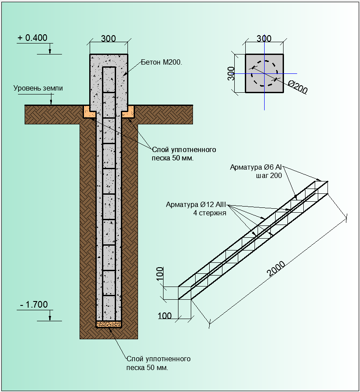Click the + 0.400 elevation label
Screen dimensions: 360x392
tap(33, 38)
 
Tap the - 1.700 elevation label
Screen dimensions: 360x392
tap(34, 305)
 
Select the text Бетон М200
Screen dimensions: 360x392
tap(161, 62)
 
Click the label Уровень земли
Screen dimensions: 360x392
tap(38, 88)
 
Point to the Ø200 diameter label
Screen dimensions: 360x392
tap(298, 87)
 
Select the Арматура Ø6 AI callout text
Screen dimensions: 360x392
tap(256, 167)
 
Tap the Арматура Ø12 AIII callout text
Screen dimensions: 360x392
tap(196, 204)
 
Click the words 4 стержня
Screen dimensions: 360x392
tap(210, 213)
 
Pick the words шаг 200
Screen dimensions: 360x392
tap(269, 175)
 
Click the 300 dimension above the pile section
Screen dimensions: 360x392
tap(108, 39)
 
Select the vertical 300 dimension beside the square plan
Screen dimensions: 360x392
tap(231, 73)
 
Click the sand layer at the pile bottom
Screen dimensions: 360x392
tap(109, 324)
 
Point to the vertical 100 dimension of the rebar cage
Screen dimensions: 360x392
tap(160, 273)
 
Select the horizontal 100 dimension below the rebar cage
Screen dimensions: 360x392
tap(165, 316)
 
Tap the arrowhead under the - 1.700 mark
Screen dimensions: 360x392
tap(50, 318)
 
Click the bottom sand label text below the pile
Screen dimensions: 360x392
tap(158, 363)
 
